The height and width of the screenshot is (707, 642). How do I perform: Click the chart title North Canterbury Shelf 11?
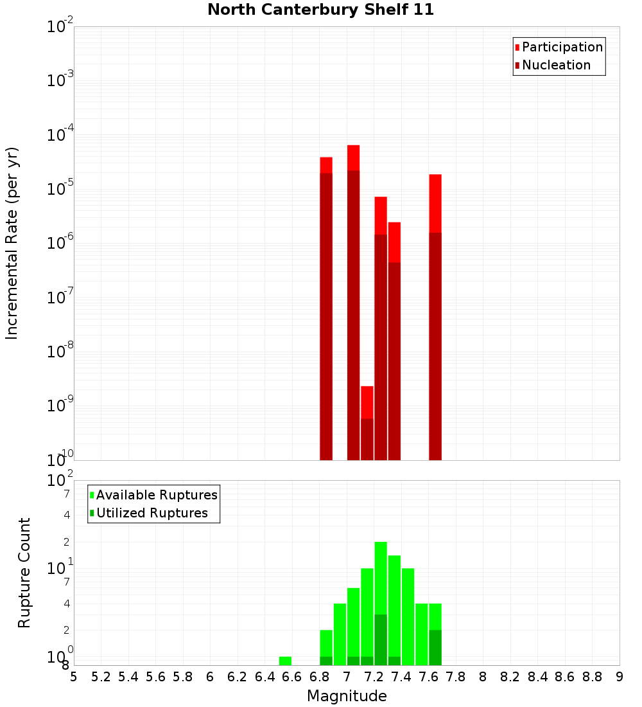320,10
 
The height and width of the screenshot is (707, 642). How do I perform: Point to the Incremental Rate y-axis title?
12,243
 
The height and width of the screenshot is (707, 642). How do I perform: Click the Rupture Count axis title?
24,573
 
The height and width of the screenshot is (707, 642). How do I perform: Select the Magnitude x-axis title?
347,696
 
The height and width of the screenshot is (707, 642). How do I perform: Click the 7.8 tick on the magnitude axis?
456,677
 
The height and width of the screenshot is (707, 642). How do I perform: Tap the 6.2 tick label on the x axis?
237,677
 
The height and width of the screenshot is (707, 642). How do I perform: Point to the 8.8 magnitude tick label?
592,677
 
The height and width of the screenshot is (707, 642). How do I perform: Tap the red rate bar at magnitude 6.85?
326,309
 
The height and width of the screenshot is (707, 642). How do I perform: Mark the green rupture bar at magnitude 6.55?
285,661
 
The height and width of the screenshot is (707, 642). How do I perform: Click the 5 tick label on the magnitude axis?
74,677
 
